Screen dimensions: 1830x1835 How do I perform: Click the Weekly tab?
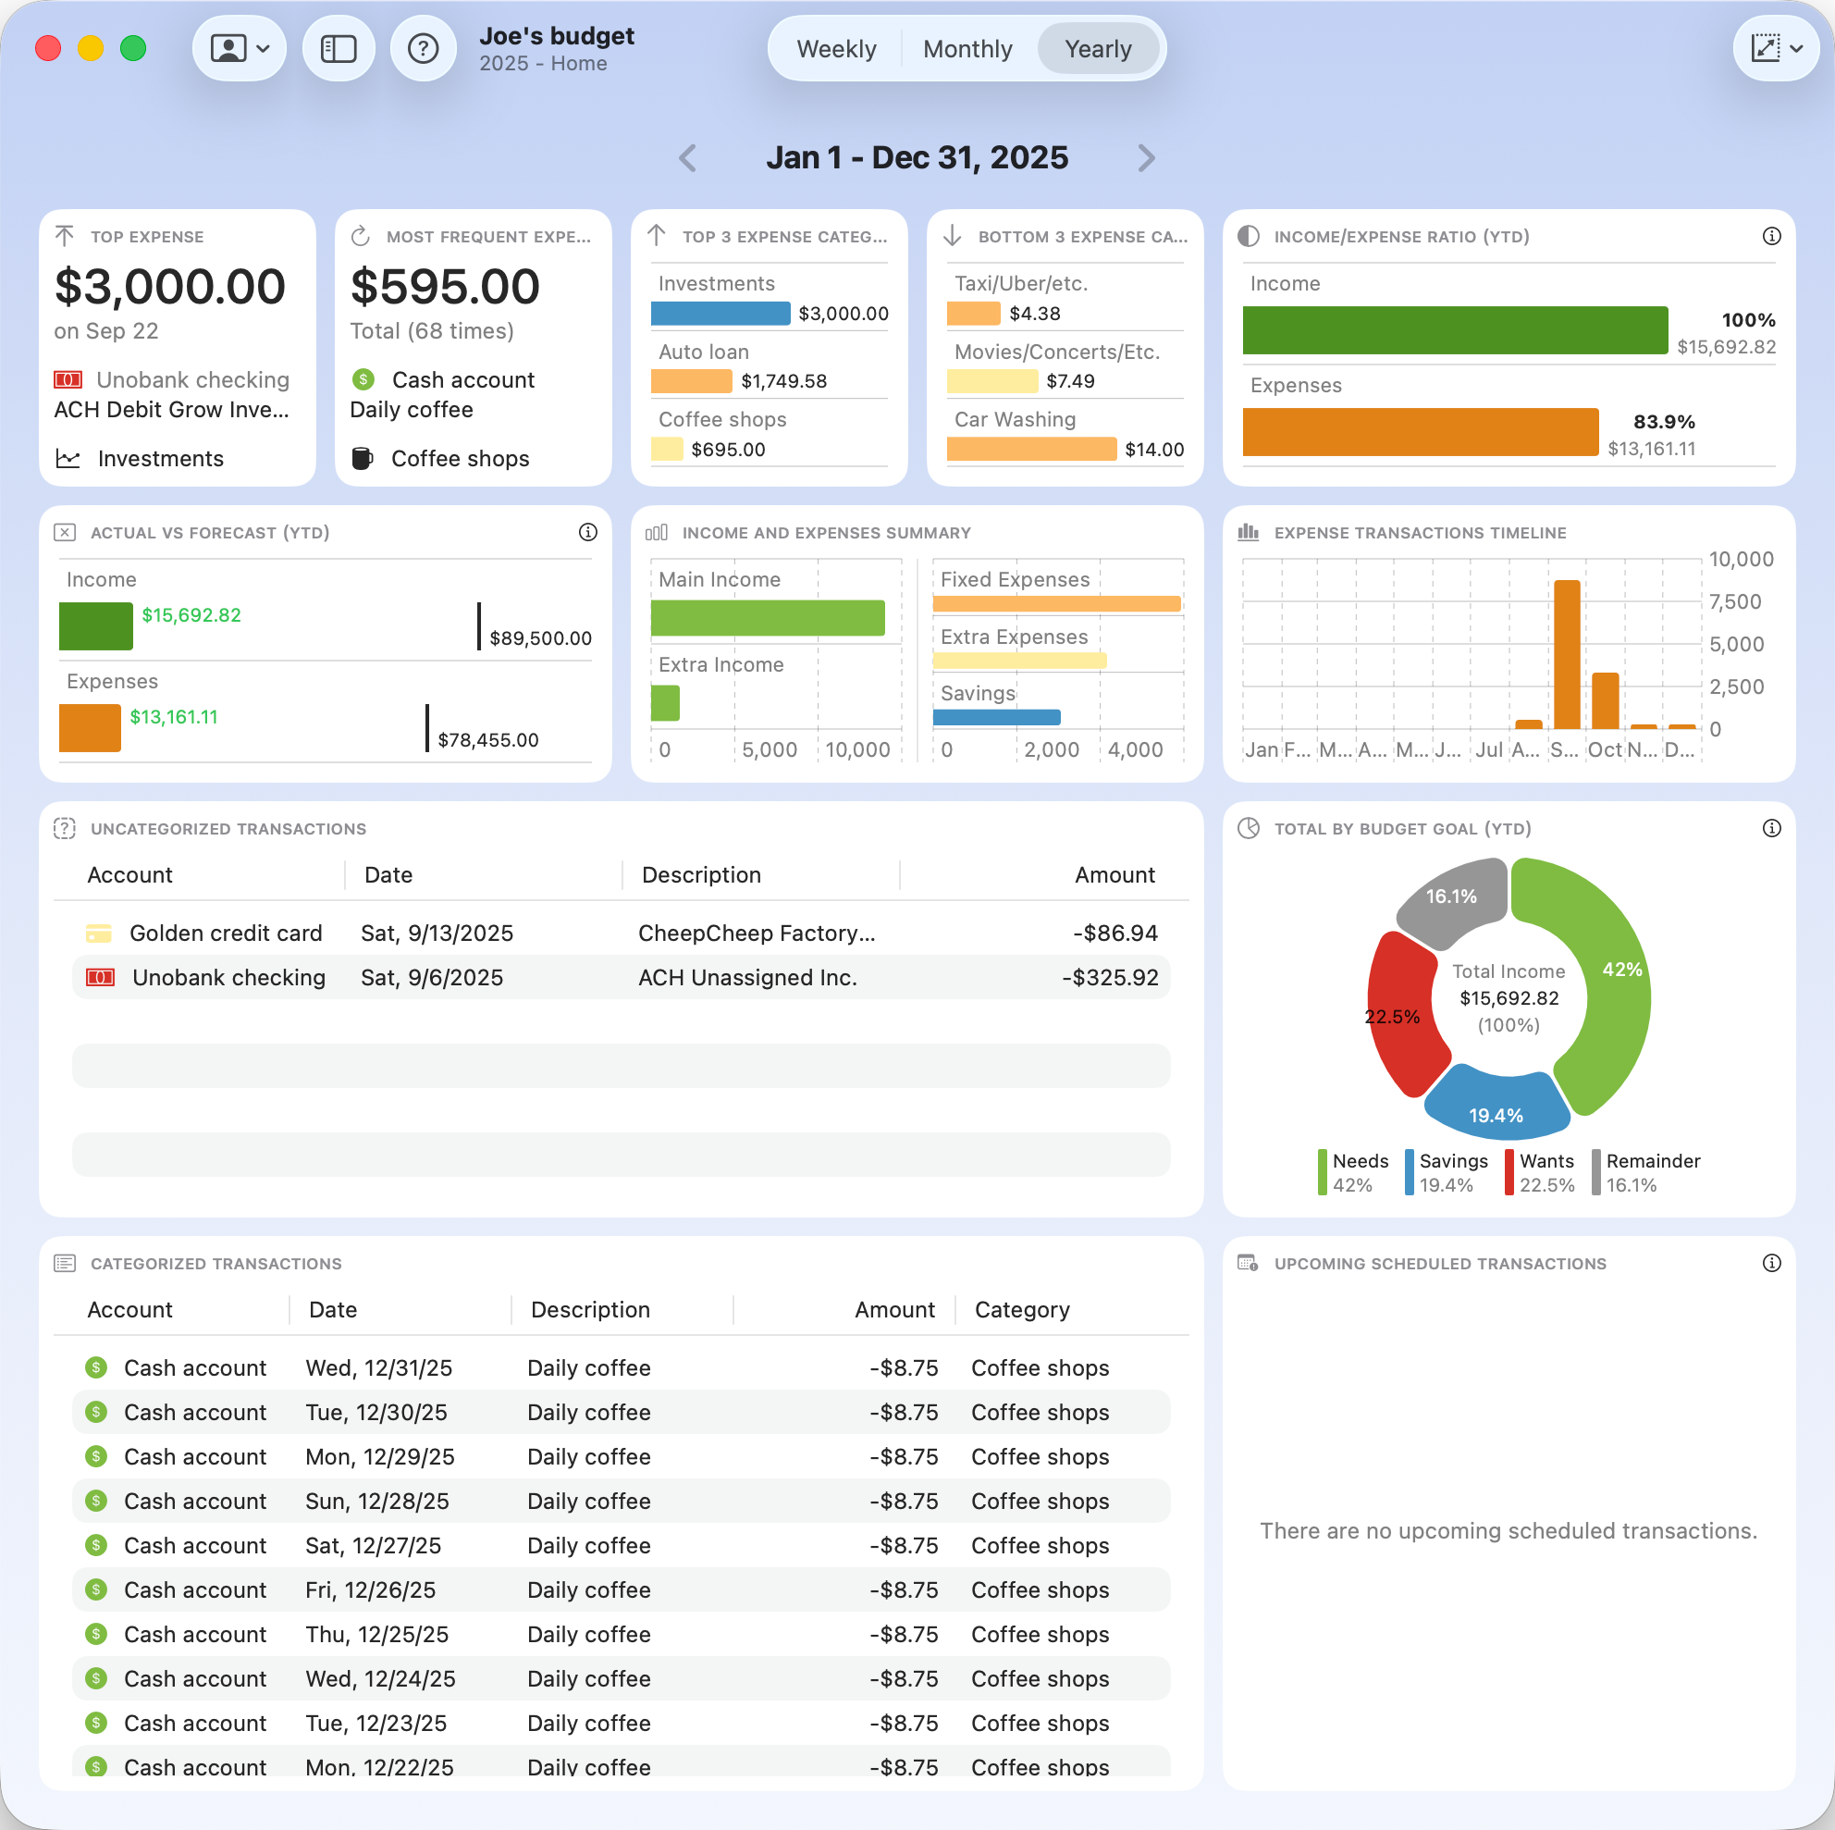836,49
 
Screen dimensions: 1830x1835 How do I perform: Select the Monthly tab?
967,49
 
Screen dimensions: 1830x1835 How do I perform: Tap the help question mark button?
423,48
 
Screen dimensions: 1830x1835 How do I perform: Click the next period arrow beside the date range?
1146,157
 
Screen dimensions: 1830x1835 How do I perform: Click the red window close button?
48,48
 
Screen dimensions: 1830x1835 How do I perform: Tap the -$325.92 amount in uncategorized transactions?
1109,978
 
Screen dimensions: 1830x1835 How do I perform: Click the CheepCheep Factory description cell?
756,934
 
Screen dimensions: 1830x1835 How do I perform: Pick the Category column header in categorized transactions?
1022,1309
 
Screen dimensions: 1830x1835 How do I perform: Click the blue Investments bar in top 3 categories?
720,314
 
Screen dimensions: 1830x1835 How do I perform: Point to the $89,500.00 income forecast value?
540,638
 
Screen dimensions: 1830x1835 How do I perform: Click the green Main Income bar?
768,618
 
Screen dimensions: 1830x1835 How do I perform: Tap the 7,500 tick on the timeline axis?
1734,601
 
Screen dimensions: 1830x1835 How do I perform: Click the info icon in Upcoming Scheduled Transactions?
1771,1263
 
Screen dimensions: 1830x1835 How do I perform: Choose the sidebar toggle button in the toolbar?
339,48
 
